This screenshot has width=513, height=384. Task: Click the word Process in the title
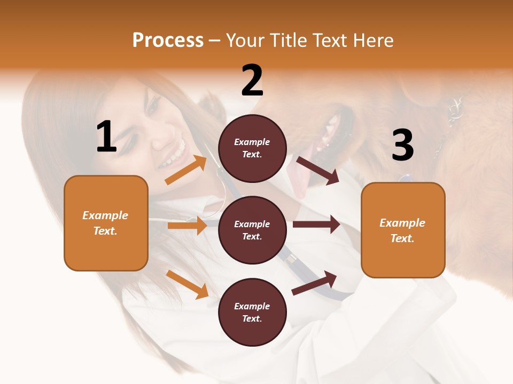168,40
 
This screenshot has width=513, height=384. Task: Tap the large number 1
106,137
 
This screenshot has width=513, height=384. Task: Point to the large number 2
252,81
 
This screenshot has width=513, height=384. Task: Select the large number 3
402,145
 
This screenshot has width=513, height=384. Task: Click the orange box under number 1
106,223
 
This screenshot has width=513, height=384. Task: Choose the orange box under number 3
403,230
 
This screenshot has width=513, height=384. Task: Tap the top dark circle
252,148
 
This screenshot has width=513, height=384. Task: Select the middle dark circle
252,230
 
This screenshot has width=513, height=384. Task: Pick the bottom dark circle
252,312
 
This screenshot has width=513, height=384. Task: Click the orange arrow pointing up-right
186,170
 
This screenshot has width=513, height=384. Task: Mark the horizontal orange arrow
187,226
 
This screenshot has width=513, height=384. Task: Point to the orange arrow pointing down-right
187,284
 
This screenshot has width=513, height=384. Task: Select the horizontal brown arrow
316,225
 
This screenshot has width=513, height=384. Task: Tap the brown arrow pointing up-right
314,283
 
